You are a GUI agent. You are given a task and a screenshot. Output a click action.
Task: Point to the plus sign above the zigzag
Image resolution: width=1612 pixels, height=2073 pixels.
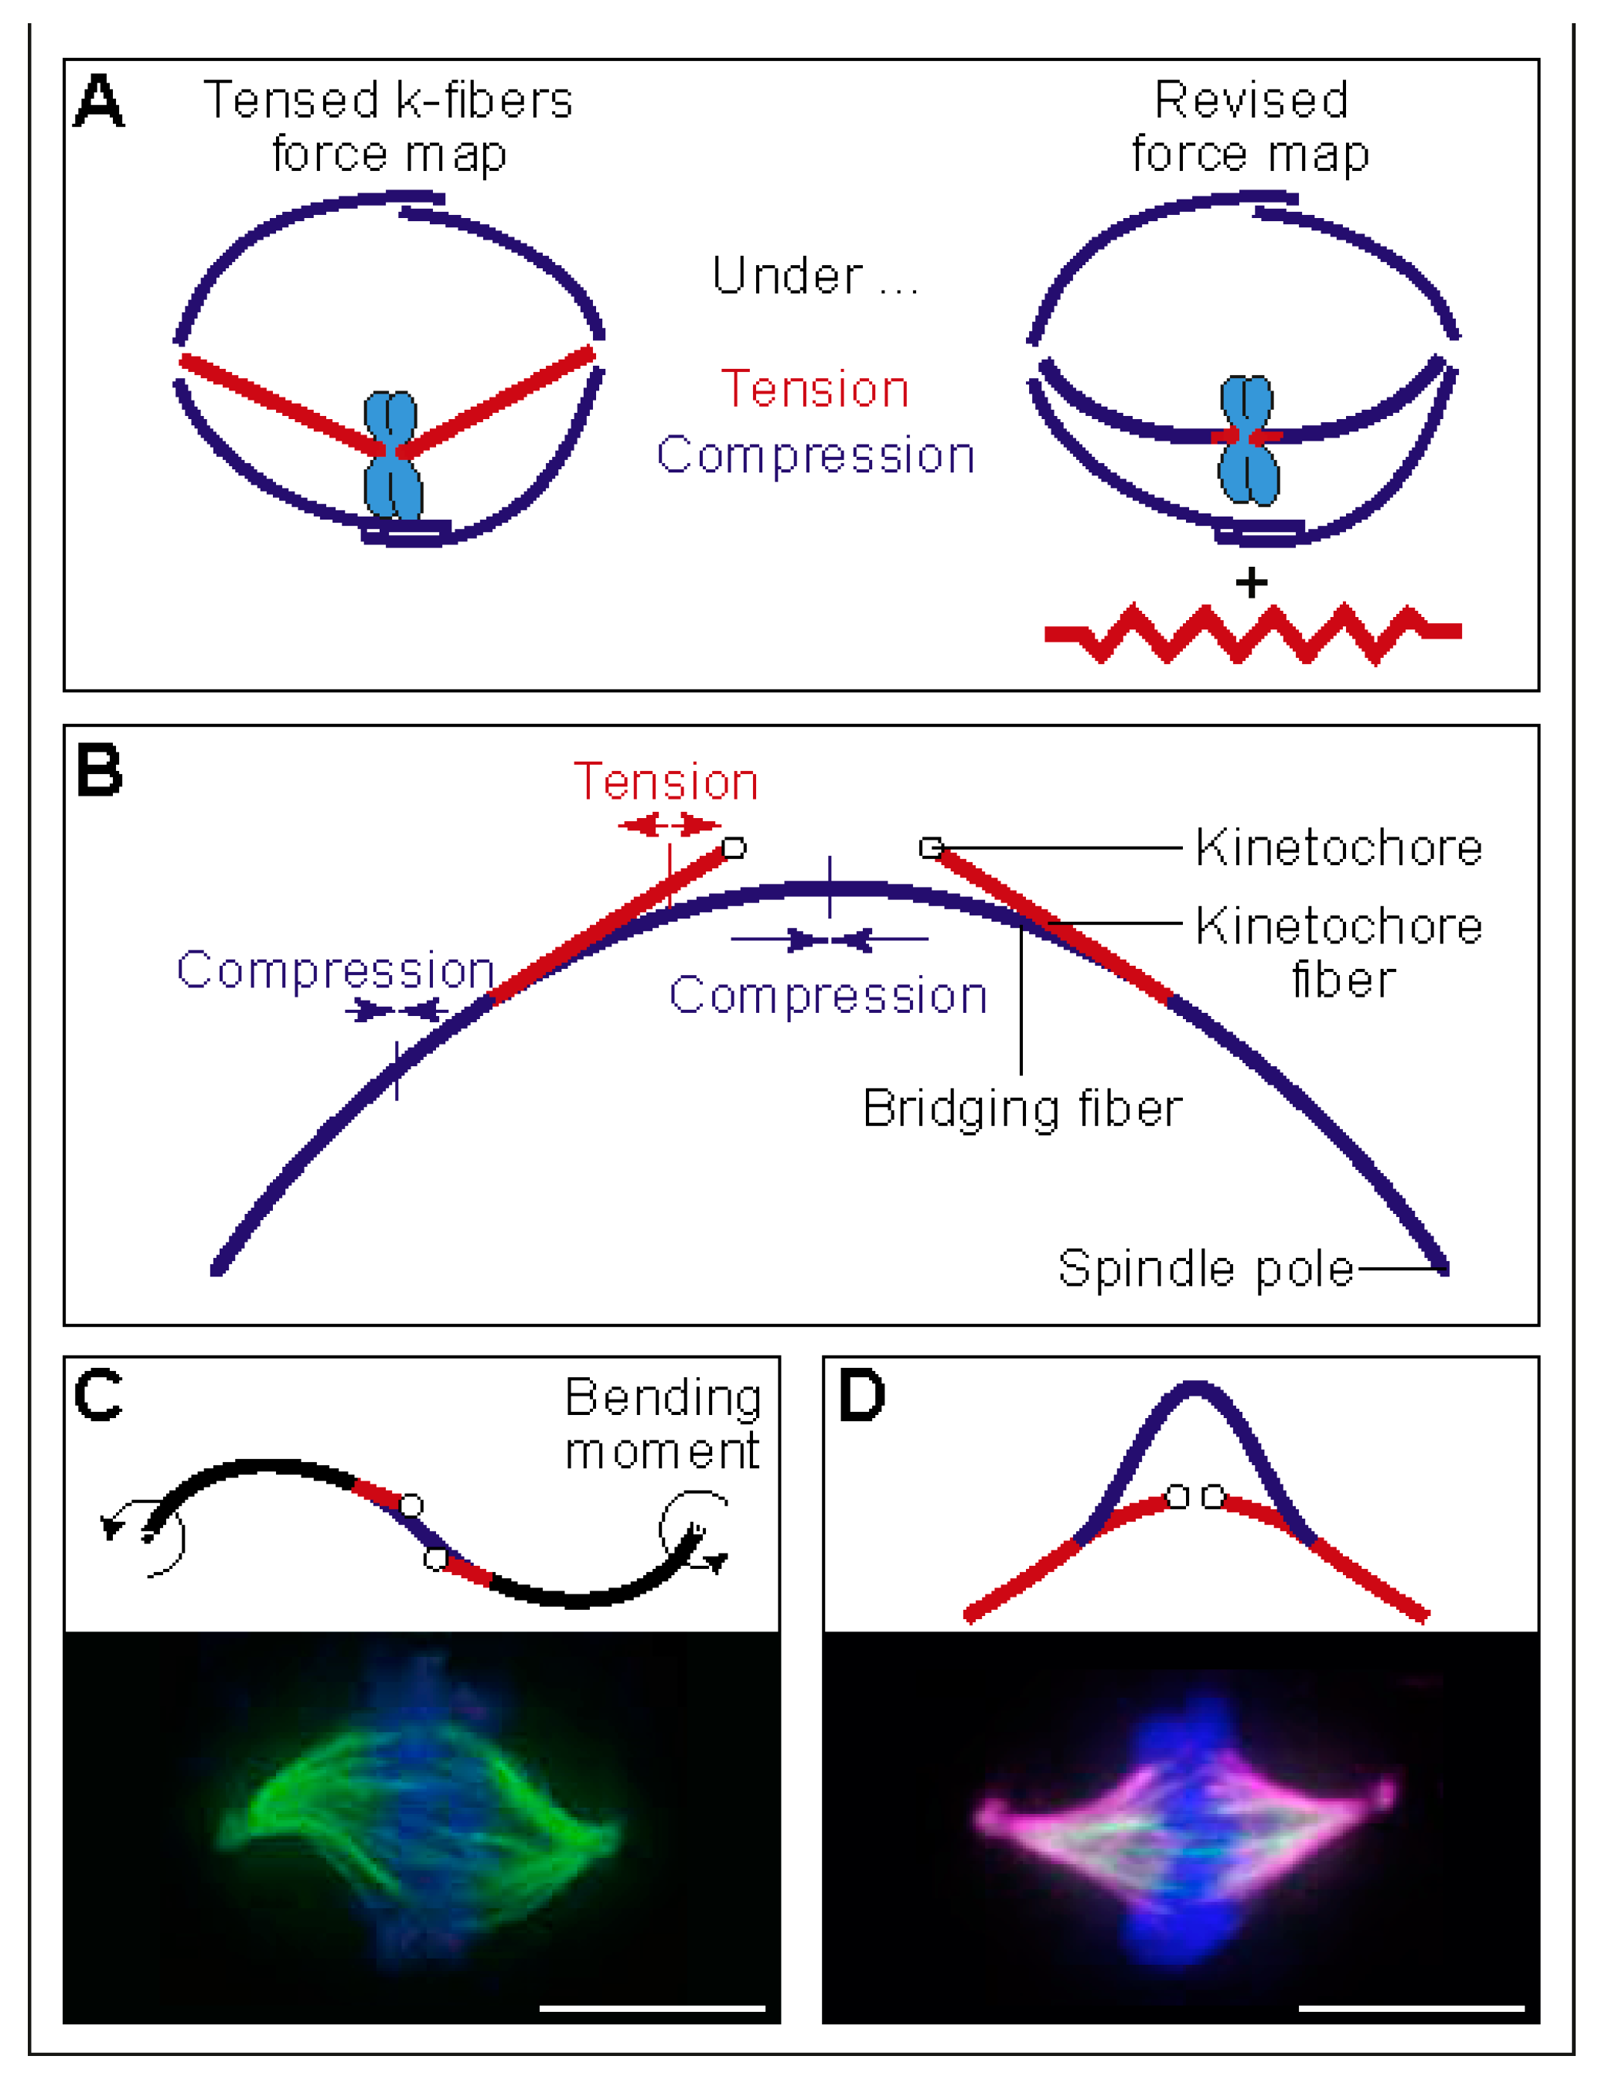[1251, 581]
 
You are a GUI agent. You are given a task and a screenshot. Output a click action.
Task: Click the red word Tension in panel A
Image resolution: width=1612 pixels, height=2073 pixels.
[816, 388]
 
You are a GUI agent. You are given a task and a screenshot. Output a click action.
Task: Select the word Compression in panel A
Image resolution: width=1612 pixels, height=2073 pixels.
[816, 455]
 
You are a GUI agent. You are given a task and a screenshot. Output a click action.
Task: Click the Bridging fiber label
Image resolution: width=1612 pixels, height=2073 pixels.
[1022, 1108]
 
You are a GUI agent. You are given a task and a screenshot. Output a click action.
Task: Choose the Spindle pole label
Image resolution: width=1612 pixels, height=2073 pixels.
[1205, 1267]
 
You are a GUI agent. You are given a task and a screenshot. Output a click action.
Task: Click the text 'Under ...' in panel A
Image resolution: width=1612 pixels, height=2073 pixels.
[816, 275]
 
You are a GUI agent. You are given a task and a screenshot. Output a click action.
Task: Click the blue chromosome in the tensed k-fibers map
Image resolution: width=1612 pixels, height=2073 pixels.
[393, 455]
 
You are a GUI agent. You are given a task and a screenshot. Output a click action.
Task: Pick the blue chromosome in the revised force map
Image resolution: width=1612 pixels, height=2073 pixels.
[1249, 439]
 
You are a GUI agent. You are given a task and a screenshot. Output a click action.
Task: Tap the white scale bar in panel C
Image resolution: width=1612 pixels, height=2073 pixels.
[653, 2009]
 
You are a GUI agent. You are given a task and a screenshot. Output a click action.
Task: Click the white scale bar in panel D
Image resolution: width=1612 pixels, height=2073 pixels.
[1411, 2009]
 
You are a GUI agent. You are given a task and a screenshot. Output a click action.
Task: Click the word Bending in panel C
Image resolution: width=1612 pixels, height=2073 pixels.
[663, 1398]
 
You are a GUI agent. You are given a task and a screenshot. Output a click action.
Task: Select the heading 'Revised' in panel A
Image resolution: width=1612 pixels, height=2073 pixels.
[1251, 100]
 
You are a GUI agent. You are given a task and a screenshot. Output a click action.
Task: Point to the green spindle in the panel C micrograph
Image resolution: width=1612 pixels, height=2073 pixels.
[417, 1827]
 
